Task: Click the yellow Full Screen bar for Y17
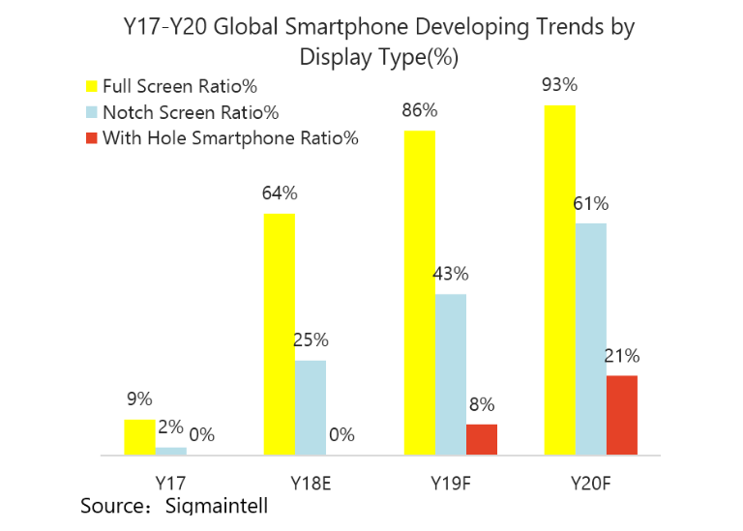pos(139,437)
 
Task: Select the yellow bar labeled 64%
pos(280,334)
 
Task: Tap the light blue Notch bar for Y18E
pos(311,407)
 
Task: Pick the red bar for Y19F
pos(481,439)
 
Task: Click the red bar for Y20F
pos(622,415)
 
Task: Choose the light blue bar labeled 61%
pos(590,339)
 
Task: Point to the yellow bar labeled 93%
pos(560,280)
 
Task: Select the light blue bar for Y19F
pos(450,374)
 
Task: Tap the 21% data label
pos(621,356)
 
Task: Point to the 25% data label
pos(311,340)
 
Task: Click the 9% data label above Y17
pos(139,399)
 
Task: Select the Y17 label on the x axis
pos(170,481)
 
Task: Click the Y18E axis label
pos(310,481)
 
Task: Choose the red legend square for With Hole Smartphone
pos(93,137)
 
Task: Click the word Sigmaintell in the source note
pos(216,506)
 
